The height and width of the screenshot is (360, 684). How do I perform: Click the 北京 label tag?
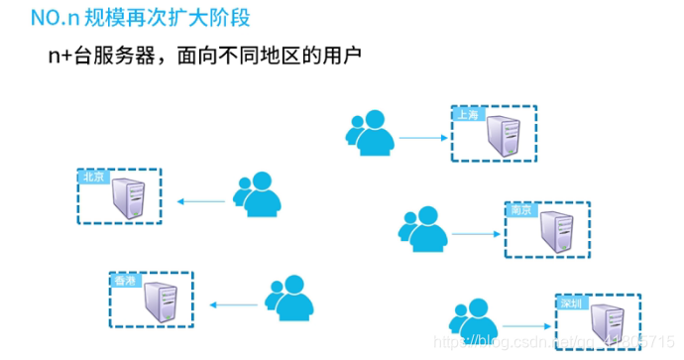[x=92, y=177]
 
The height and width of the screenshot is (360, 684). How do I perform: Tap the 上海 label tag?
[x=467, y=115]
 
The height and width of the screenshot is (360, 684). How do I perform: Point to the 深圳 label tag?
[x=573, y=303]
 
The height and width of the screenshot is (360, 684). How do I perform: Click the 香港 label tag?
[x=124, y=282]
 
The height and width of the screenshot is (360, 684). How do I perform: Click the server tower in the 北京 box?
[x=129, y=197]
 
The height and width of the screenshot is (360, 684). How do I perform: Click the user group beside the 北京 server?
[x=256, y=195]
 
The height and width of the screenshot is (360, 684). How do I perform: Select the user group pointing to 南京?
[x=423, y=228]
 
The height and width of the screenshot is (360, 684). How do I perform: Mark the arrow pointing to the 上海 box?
[x=422, y=138]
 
